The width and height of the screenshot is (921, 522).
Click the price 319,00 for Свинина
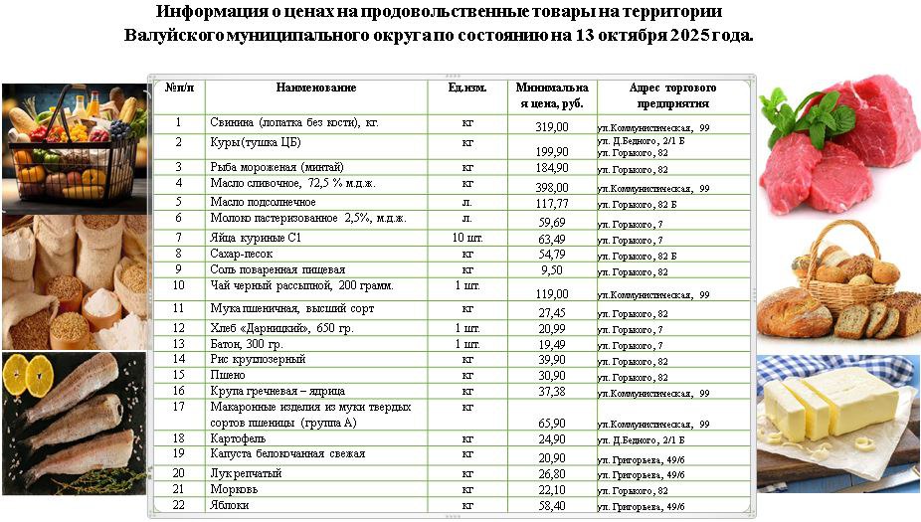[x=552, y=127]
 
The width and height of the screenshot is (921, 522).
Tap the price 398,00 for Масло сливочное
[x=552, y=187]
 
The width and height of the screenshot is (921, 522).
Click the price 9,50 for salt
[x=552, y=270]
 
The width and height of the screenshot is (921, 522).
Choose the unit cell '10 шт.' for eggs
[x=467, y=237]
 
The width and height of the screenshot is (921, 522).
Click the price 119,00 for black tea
[x=552, y=294]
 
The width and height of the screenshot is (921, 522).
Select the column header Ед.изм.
[x=467, y=87]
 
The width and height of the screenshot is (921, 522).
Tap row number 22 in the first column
[x=179, y=505]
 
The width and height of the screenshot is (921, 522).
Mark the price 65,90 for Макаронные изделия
[x=552, y=423]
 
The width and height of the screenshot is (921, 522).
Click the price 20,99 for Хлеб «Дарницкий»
[x=552, y=328]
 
